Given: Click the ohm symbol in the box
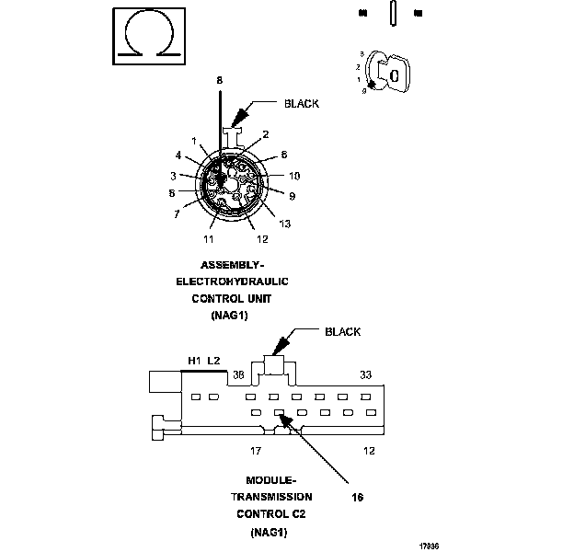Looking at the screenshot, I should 145,37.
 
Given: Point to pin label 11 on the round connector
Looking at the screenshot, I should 210,239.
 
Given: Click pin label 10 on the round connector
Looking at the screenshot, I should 293,175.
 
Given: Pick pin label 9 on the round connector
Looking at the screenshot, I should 291,195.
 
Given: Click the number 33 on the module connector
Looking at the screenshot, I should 365,374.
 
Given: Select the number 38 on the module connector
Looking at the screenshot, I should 237,374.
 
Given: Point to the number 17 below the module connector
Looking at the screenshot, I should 257,451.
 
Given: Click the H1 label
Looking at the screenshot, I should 194,361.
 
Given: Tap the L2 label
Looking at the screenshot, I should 213,361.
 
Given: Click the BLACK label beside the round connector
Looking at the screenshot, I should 301,104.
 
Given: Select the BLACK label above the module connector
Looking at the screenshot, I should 342,332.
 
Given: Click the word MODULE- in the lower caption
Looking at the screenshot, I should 270,480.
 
